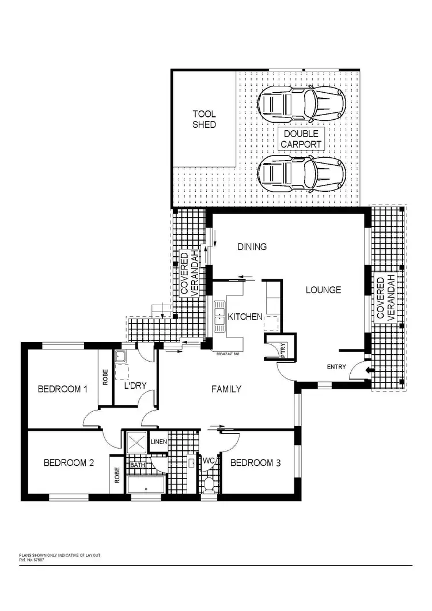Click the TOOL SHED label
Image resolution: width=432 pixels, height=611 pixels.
coord(204,119)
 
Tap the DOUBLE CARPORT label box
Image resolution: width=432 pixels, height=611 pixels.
coord(301,139)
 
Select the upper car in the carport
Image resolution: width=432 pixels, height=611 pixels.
coord(301,104)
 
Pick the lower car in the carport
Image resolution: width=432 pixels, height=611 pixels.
coord(301,174)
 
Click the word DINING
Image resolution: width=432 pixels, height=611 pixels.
coord(252,247)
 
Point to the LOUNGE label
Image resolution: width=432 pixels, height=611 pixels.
coord(324,290)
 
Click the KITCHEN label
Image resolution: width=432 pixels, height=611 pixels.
coord(245,317)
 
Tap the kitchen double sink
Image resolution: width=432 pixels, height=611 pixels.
coord(220,317)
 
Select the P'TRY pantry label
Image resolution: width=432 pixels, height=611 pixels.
coord(283,351)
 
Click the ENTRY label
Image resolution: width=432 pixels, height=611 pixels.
coord(336,367)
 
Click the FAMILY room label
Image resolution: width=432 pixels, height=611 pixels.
coord(226,389)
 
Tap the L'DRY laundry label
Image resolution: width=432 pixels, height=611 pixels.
coord(136,386)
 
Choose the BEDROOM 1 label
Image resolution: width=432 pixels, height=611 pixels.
coord(62,389)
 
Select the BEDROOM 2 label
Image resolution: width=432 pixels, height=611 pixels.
coord(68,462)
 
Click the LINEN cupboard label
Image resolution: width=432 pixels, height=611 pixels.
coord(158,442)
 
